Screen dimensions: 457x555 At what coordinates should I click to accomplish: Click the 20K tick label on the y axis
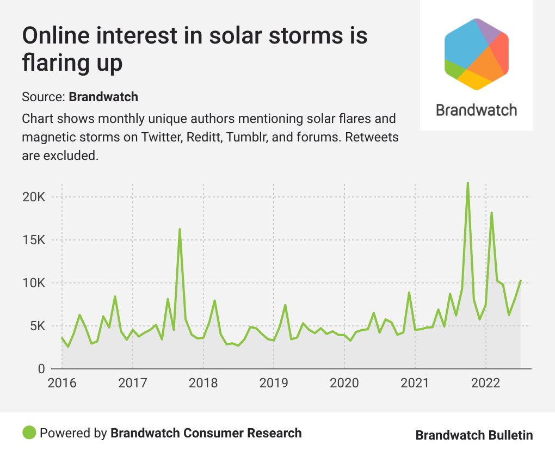pyautogui.click(x=33, y=197)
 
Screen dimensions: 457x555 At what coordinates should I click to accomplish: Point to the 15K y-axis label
pyautogui.click(x=33, y=240)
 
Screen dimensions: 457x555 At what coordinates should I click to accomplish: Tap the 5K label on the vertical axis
pyautogui.click(x=36, y=326)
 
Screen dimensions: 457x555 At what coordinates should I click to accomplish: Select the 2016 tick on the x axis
pyautogui.click(x=62, y=383)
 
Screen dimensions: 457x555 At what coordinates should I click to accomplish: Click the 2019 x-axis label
pyautogui.click(x=274, y=383)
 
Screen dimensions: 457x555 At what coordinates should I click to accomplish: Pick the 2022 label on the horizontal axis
pyautogui.click(x=485, y=383)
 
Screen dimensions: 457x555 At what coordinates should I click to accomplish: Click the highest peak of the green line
pyautogui.click(x=468, y=183)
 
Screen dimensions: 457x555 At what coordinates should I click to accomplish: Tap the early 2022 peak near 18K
pyautogui.click(x=491, y=213)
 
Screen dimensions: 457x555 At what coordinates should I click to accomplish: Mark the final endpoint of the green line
pyautogui.click(x=521, y=281)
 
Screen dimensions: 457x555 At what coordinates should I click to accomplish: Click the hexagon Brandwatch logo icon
pyautogui.click(x=476, y=54)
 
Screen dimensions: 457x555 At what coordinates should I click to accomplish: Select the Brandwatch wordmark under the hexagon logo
pyautogui.click(x=476, y=110)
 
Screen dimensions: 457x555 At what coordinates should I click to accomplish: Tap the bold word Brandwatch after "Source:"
pyautogui.click(x=103, y=97)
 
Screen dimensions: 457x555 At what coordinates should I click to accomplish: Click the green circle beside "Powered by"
pyautogui.click(x=29, y=433)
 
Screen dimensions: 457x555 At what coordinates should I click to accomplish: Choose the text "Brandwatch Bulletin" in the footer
pyautogui.click(x=474, y=435)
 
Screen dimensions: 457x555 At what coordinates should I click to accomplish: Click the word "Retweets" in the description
pyautogui.click(x=368, y=137)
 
